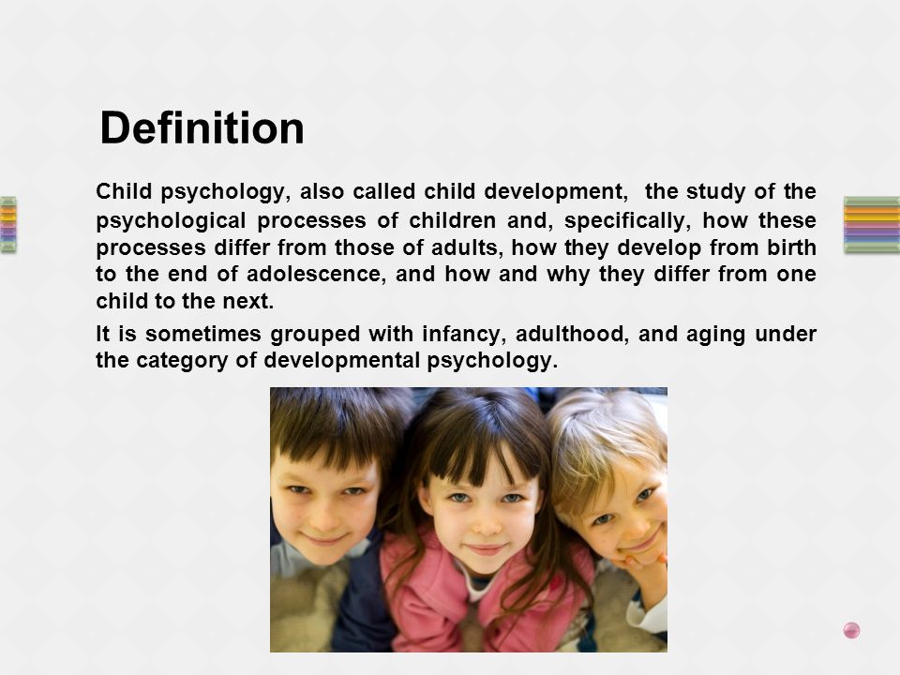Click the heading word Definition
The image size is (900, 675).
coord(202,127)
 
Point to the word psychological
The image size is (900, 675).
coord(171,221)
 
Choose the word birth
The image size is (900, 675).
coord(791,247)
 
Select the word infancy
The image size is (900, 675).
coord(464,335)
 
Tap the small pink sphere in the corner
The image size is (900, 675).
coord(852,630)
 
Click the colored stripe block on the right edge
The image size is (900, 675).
coord(871,224)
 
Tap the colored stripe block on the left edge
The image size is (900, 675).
coord(8,224)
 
